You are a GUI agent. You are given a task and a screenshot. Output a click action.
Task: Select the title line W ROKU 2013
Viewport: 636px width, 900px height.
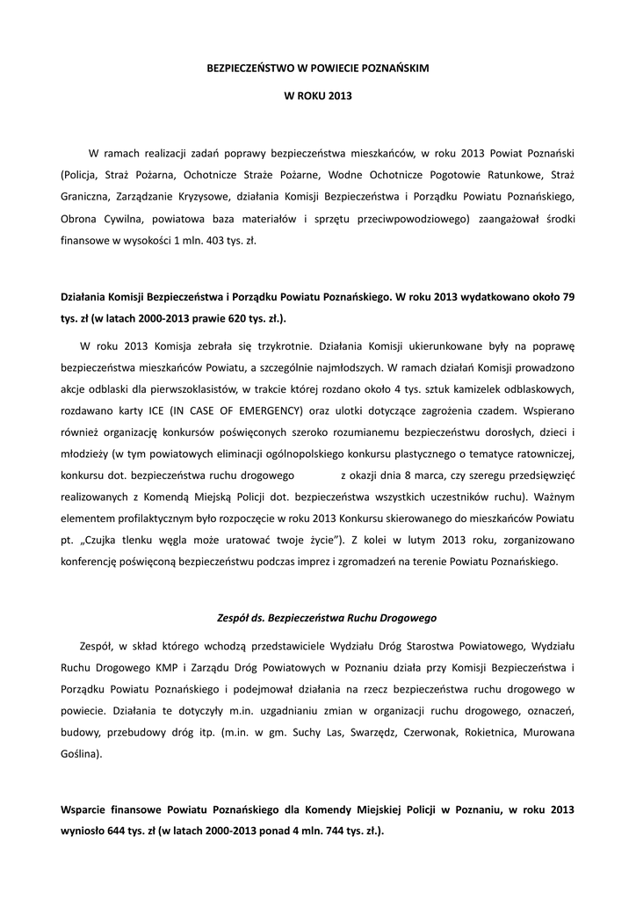[x=318, y=95]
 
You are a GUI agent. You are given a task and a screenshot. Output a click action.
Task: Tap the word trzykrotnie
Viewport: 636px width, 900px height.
[x=271, y=345]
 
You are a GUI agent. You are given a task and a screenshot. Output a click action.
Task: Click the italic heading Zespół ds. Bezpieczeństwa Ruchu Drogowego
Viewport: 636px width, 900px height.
[x=327, y=618]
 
